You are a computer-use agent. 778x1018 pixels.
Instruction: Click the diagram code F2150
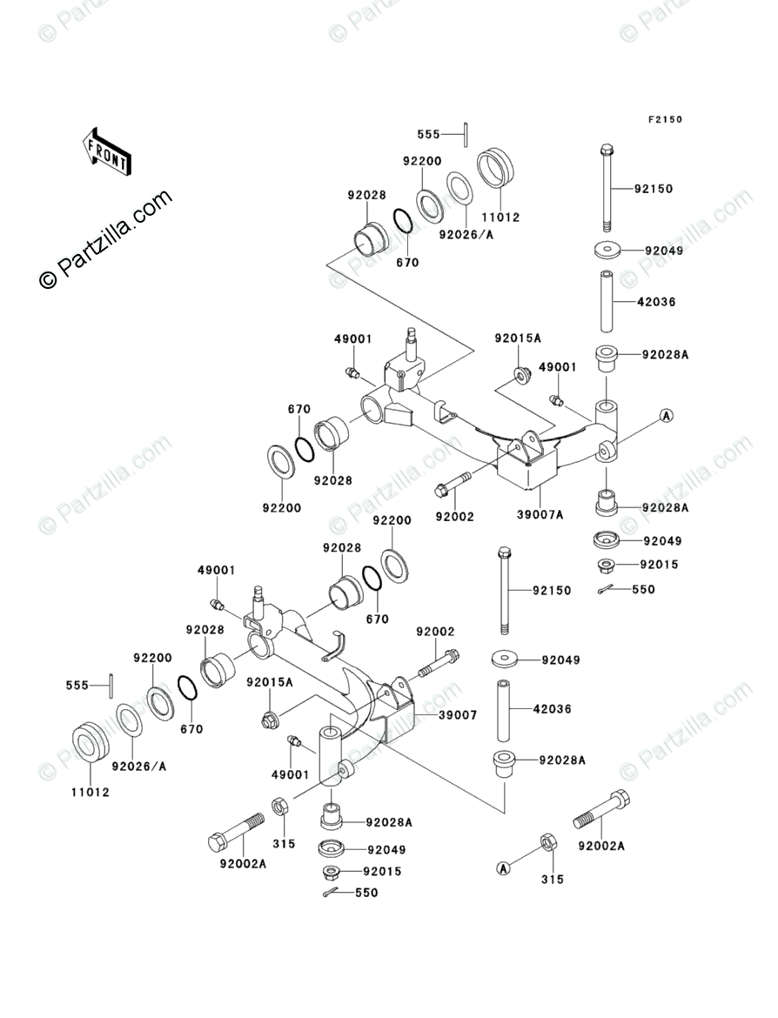click(x=664, y=119)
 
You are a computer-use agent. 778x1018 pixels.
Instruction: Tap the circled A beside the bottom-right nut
click(x=502, y=867)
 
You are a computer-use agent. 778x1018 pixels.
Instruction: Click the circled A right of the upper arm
click(x=666, y=416)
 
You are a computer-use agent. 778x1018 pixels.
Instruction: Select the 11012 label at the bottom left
click(x=91, y=794)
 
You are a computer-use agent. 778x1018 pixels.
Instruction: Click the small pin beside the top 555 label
click(x=468, y=134)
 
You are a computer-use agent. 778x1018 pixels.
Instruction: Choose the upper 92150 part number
click(x=653, y=189)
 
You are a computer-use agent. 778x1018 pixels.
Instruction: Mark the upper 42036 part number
click(x=655, y=302)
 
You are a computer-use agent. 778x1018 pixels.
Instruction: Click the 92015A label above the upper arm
click(x=519, y=338)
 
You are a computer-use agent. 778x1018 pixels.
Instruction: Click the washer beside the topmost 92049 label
click(x=607, y=251)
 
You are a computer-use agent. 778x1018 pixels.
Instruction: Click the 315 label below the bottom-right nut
click(x=552, y=880)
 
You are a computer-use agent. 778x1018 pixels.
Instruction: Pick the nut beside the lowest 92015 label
click(x=332, y=872)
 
